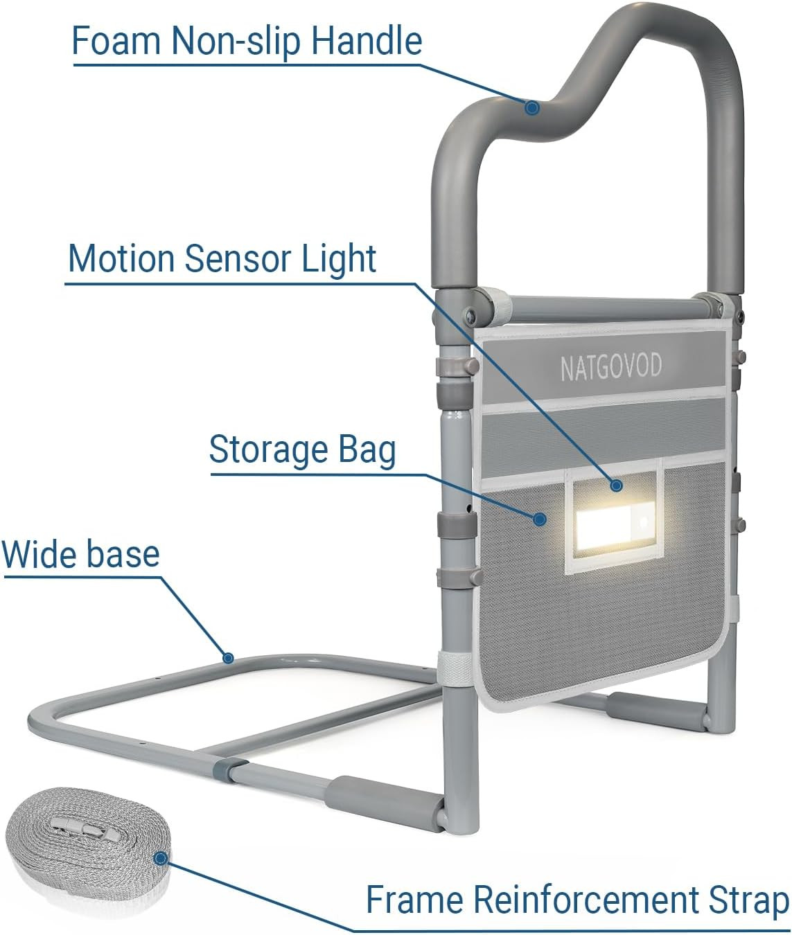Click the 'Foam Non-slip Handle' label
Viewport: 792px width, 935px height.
247,41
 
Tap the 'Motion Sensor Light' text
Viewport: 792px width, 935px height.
222,259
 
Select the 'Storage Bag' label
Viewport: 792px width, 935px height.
302,449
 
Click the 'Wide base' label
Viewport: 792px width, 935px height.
80,554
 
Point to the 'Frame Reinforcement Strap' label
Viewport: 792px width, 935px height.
577,900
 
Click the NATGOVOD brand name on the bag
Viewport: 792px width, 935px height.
610,366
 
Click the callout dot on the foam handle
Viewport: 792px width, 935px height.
532,108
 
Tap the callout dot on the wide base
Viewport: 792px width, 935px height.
227,657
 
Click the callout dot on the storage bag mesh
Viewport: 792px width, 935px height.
540,517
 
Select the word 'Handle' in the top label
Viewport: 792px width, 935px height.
366,41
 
